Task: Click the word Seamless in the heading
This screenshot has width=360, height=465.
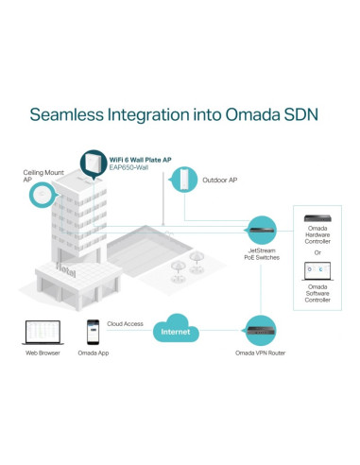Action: pyautogui.click(x=67, y=114)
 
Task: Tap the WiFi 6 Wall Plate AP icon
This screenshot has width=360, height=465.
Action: pyautogui.click(x=94, y=164)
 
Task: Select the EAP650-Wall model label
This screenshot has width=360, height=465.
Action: pyautogui.click(x=129, y=167)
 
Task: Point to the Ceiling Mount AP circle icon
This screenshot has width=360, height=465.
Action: pyautogui.click(x=43, y=195)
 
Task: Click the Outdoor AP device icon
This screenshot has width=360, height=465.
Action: pyautogui.click(x=184, y=180)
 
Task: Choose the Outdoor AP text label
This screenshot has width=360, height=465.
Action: pyautogui.click(x=220, y=180)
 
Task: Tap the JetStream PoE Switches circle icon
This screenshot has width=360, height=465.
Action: pyautogui.click(x=262, y=230)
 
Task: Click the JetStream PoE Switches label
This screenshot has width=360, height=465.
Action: pyautogui.click(x=262, y=254)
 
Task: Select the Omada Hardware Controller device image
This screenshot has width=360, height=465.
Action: pyautogui.click(x=317, y=218)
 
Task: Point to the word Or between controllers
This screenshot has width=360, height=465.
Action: pyautogui.click(x=317, y=252)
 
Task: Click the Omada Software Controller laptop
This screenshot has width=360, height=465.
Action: pyautogui.click(x=317, y=271)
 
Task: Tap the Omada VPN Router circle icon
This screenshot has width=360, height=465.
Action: pyautogui.click(x=261, y=331)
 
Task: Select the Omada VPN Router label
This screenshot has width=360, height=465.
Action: pyautogui.click(x=260, y=353)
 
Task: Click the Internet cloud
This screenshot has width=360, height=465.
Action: pyautogui.click(x=176, y=328)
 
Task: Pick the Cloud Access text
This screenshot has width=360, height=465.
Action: pyautogui.click(x=125, y=324)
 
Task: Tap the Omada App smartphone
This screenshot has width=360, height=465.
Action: pyautogui.click(x=93, y=332)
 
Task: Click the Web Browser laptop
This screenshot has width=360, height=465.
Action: pyautogui.click(x=43, y=333)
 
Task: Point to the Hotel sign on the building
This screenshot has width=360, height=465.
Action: pyautogui.click(x=66, y=270)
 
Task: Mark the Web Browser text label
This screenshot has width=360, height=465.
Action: pyautogui.click(x=43, y=353)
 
